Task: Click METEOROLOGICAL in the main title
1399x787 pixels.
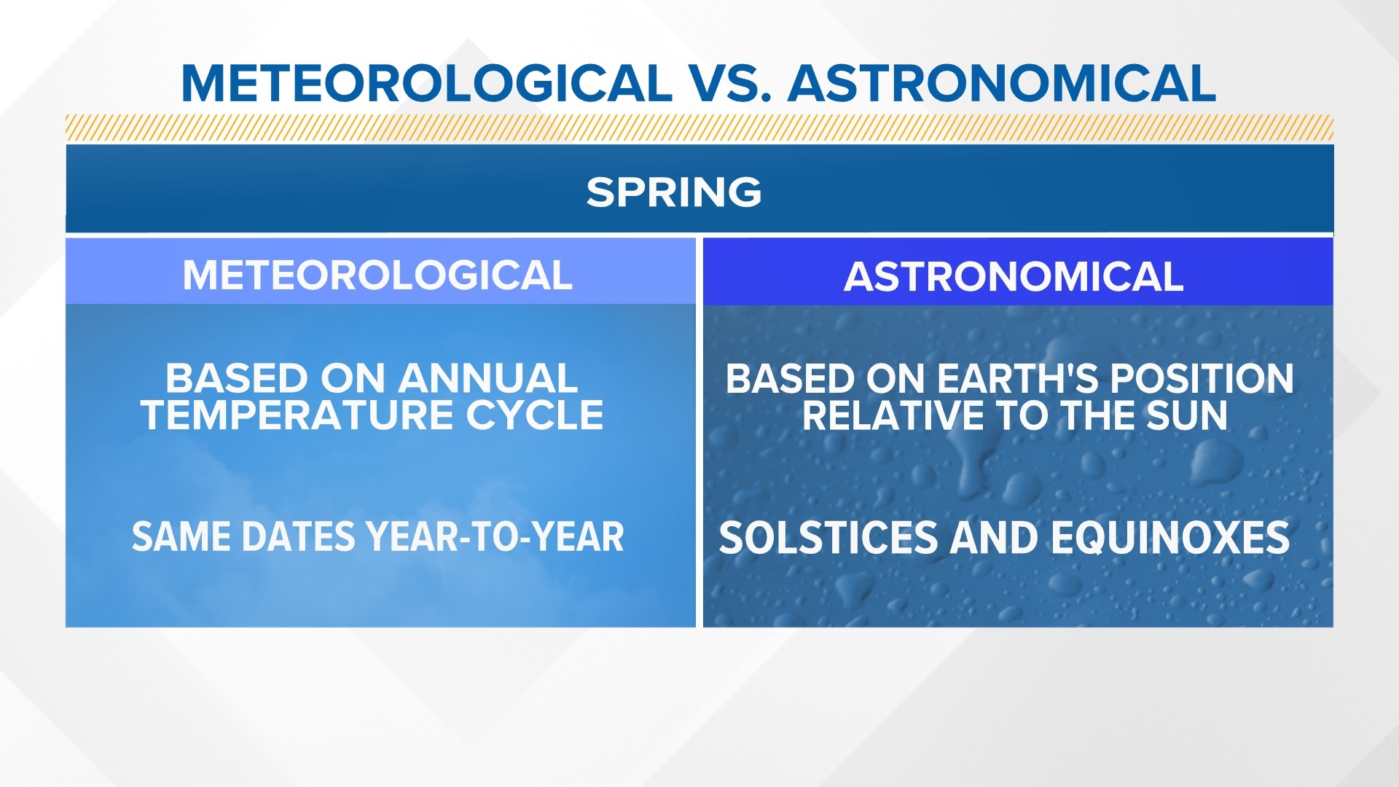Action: click(x=426, y=83)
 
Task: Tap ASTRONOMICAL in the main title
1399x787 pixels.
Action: click(x=1002, y=83)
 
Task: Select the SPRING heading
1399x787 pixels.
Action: click(x=674, y=192)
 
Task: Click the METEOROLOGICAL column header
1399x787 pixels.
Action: click(x=377, y=275)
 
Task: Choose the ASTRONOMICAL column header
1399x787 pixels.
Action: click(x=1014, y=277)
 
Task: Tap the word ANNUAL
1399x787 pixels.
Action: click(x=487, y=379)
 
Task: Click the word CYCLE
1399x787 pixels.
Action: click(x=535, y=415)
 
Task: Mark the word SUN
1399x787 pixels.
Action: click(x=1187, y=416)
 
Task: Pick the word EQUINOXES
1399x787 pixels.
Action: click(x=1169, y=538)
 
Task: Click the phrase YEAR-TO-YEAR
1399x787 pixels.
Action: click(x=495, y=537)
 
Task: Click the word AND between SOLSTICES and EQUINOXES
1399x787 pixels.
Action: click(x=993, y=538)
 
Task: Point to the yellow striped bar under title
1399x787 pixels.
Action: click(x=699, y=128)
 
